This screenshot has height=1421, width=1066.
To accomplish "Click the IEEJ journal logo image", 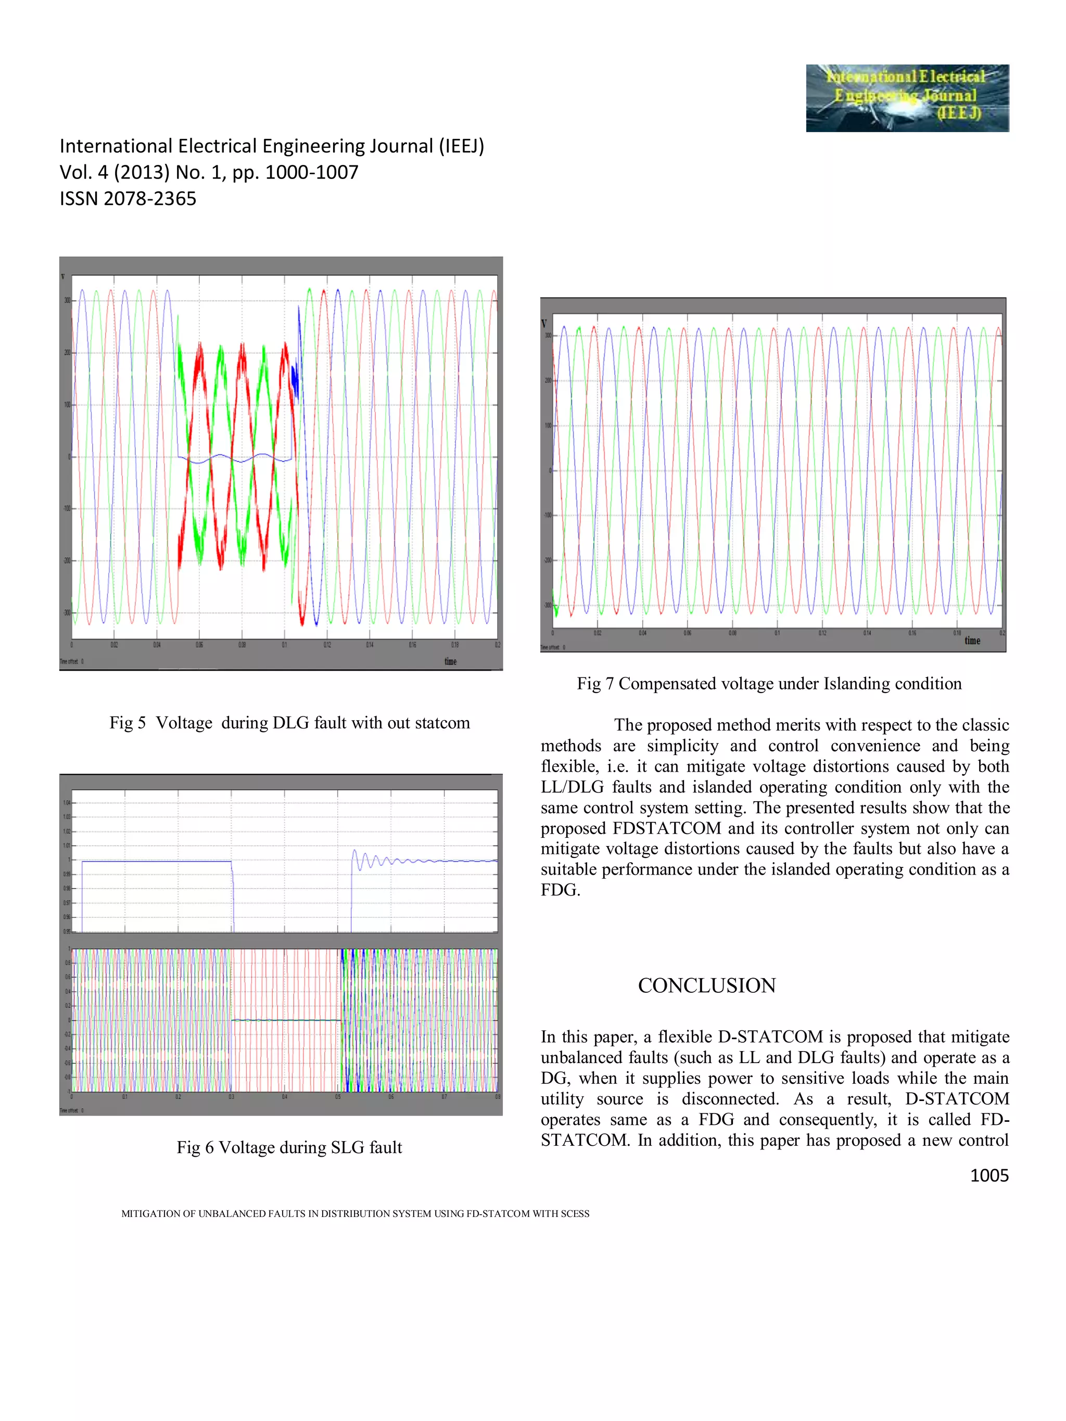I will point(907,98).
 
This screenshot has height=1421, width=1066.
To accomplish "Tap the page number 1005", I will point(988,1175).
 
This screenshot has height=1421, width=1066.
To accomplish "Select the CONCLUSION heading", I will point(706,985).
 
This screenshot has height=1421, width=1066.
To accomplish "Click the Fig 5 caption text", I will point(289,723).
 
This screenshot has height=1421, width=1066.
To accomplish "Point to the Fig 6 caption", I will point(289,1147).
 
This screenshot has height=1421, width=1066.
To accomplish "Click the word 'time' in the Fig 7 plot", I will point(972,641).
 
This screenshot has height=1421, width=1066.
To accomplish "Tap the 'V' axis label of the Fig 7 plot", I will point(544,323).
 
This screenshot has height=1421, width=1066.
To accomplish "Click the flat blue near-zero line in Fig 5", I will point(235,458).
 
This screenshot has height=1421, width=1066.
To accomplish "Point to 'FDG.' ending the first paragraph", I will point(560,890).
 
